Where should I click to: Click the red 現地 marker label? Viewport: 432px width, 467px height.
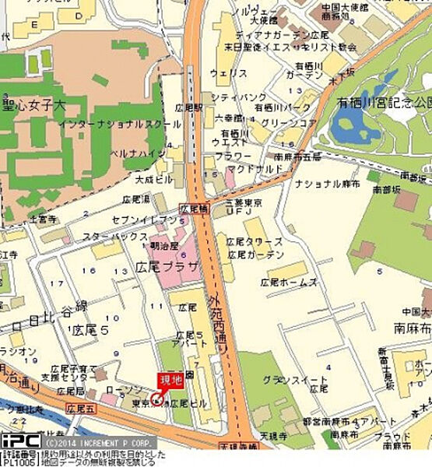point(170,380)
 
